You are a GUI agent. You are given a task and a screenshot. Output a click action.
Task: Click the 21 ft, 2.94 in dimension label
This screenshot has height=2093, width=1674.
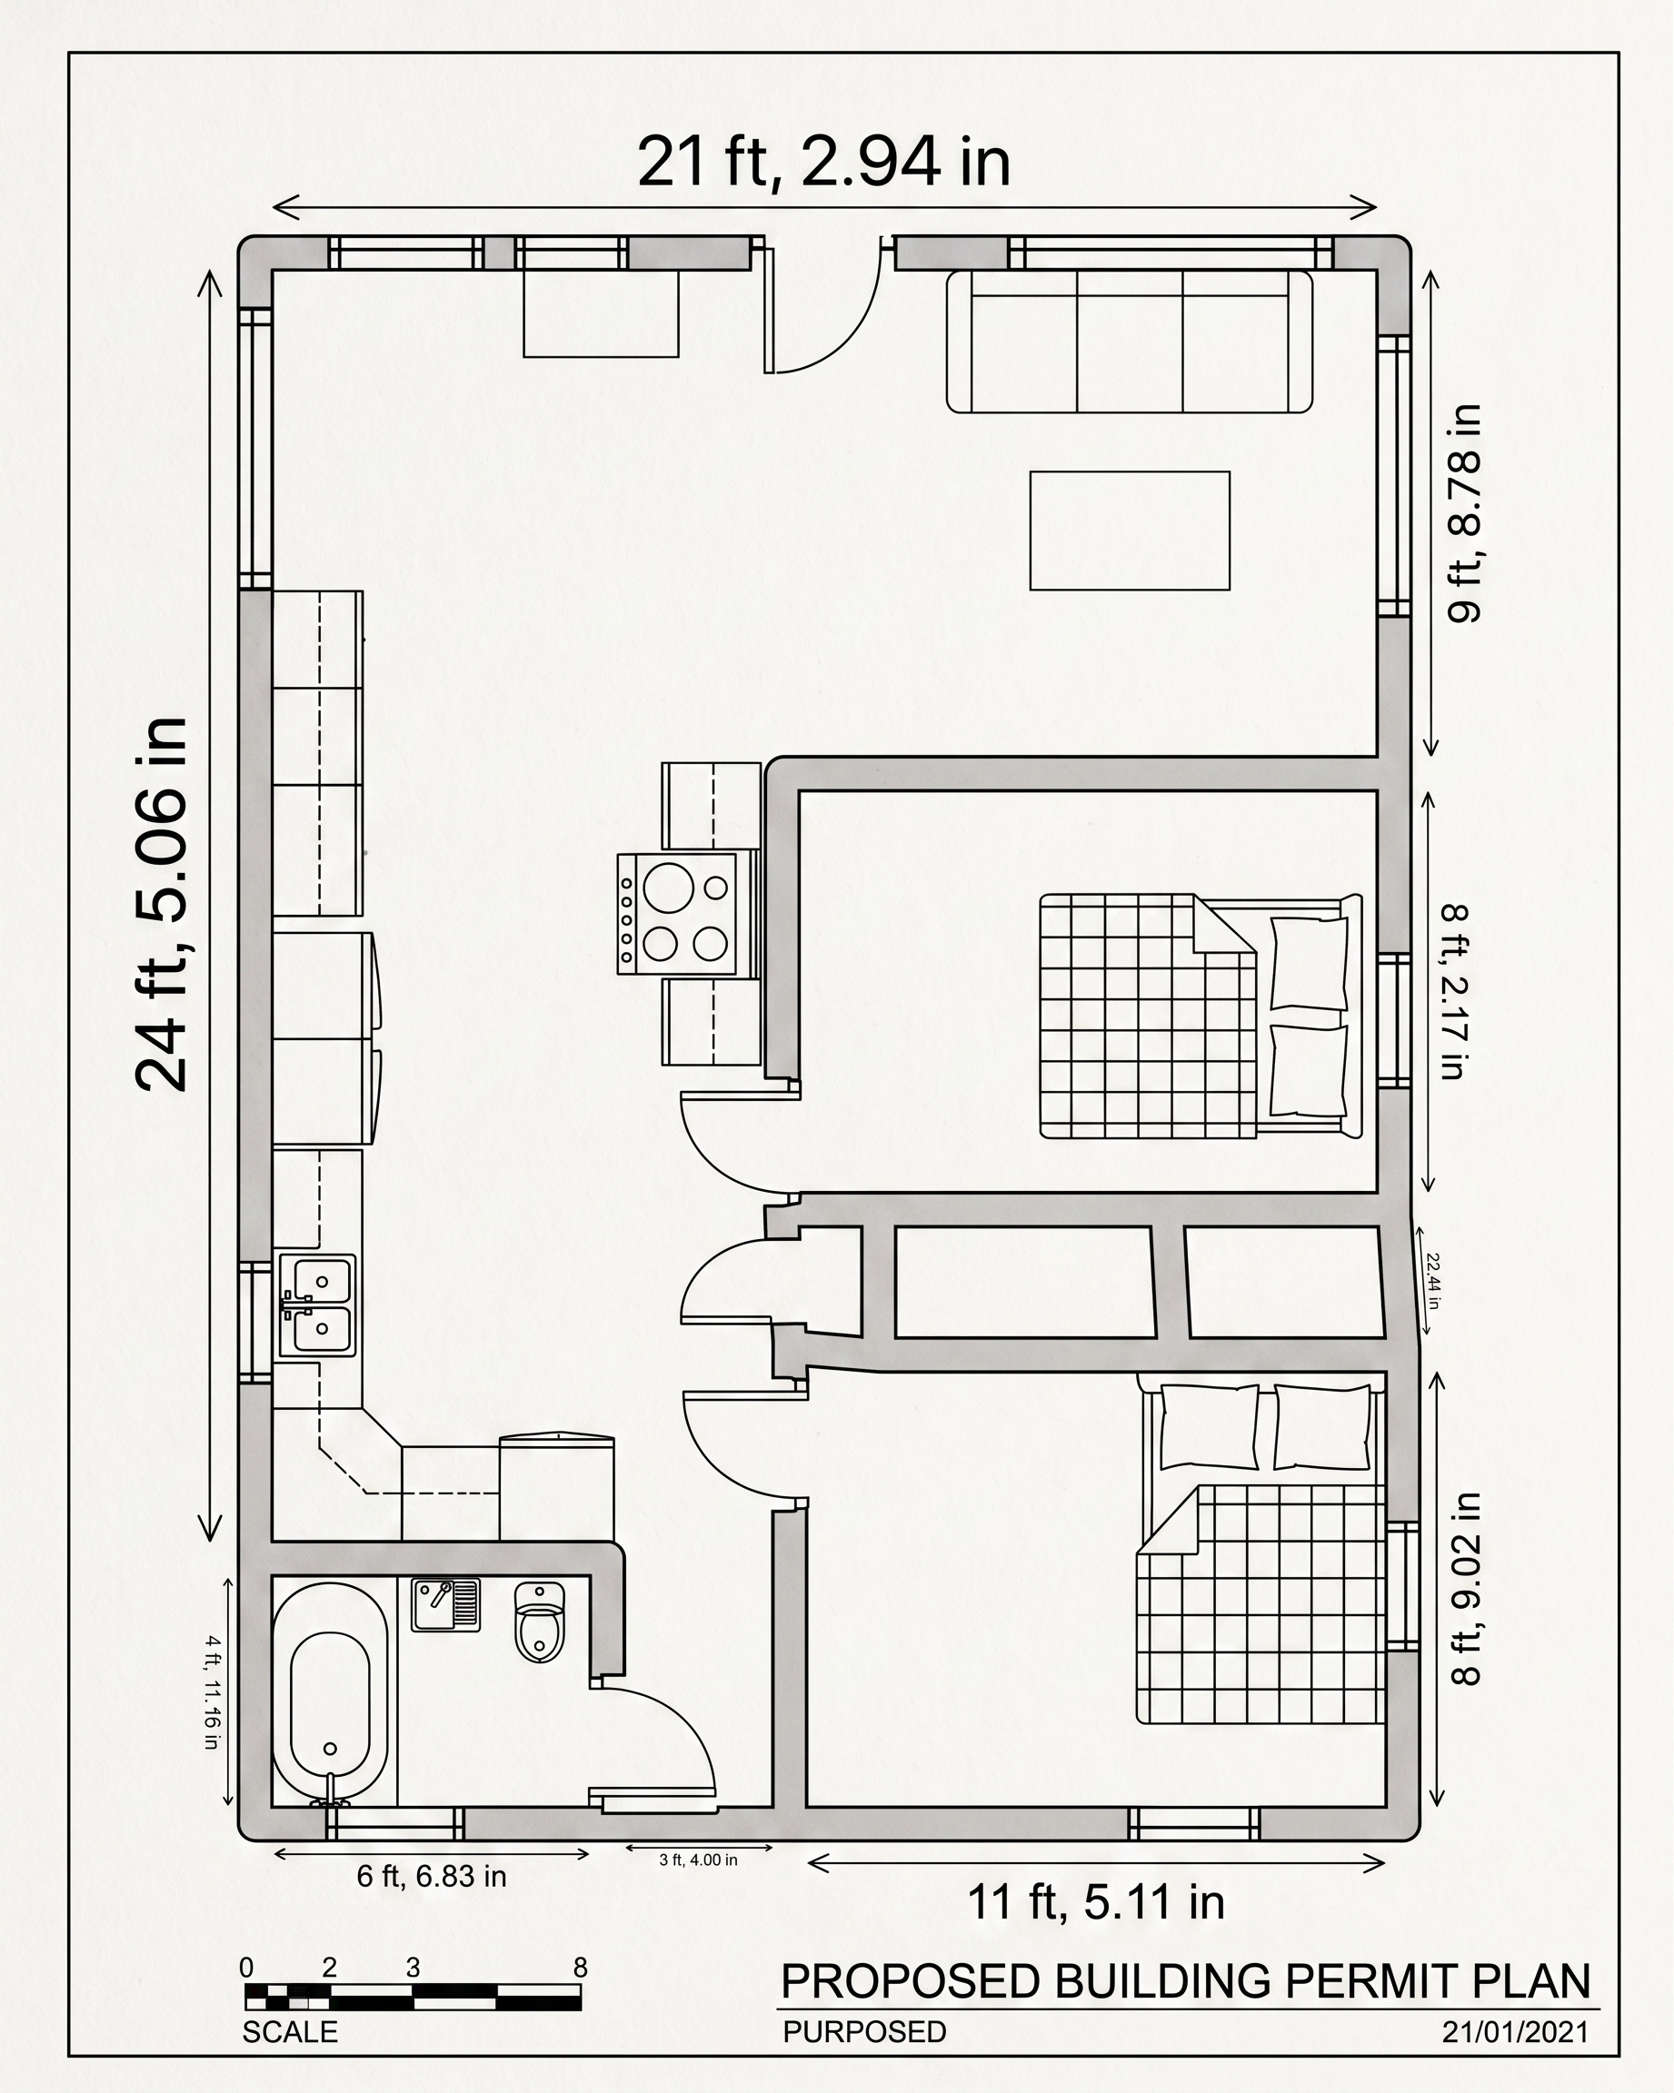pos(823,161)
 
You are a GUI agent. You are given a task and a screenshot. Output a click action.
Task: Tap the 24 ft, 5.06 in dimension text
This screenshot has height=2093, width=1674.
pos(161,905)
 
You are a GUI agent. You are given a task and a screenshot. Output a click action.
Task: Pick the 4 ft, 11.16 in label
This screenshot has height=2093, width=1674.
pos(212,1694)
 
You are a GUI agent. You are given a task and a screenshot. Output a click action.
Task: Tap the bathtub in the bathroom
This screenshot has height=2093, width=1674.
pos(330,1694)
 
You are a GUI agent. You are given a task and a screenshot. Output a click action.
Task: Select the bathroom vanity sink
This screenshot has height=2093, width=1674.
pos(445,1604)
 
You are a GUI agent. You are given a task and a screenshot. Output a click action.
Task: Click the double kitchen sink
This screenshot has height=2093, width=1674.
pos(317,1305)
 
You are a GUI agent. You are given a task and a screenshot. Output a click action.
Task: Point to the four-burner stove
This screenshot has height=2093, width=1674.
pos(676,913)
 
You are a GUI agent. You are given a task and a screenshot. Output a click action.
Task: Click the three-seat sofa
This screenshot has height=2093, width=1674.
pos(1130,342)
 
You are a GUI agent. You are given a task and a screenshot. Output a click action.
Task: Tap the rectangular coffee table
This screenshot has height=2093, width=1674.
pos(1131,531)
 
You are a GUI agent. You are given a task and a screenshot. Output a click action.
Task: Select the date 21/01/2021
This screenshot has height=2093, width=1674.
pos(1516,2032)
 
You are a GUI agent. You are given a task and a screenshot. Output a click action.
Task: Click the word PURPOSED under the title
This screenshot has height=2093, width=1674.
pos(864,2032)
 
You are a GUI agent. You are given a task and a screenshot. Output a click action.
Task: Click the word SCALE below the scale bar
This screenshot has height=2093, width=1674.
pos(289,2032)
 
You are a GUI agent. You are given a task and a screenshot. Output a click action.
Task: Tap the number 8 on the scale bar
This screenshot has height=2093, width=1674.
pos(581,1968)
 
